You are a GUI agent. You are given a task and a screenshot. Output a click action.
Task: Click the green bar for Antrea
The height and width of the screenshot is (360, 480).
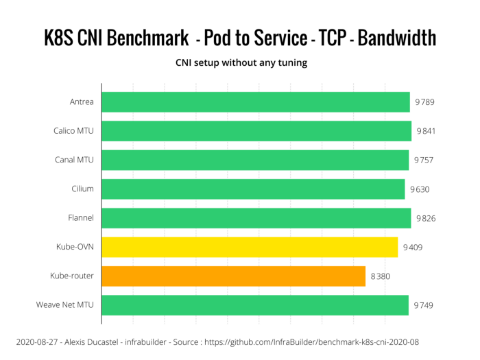click(x=255, y=102)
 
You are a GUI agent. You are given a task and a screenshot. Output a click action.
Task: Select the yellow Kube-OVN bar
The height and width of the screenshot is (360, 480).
click(x=250, y=247)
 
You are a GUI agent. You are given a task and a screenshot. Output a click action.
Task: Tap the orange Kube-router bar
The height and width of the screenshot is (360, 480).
click(x=233, y=276)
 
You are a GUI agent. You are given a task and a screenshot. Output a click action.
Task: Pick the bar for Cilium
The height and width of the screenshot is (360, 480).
click(x=253, y=189)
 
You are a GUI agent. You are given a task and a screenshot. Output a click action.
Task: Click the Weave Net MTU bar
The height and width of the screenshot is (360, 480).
click(x=255, y=305)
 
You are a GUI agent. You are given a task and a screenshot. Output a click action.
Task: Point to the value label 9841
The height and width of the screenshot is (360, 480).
click(x=425, y=131)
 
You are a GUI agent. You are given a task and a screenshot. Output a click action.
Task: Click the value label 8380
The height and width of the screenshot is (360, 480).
click(x=382, y=276)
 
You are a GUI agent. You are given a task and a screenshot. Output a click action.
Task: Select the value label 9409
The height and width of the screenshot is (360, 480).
click(x=413, y=247)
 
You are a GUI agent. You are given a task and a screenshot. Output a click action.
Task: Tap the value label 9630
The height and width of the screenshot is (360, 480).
click(x=420, y=189)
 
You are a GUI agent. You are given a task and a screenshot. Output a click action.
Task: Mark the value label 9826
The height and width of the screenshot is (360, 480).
click(x=425, y=218)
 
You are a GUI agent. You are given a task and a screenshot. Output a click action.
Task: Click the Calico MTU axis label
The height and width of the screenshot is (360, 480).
click(x=74, y=131)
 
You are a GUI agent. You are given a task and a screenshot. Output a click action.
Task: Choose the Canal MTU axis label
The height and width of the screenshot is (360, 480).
click(x=75, y=160)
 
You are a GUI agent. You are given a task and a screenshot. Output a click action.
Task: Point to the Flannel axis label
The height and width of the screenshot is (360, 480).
click(x=80, y=218)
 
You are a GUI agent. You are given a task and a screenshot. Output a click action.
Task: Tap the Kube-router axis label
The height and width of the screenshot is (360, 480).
click(x=72, y=276)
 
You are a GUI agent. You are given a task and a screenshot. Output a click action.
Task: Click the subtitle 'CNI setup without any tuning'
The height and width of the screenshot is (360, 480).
click(x=240, y=63)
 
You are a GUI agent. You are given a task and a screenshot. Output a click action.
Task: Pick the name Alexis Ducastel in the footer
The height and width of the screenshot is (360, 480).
click(x=103, y=340)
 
